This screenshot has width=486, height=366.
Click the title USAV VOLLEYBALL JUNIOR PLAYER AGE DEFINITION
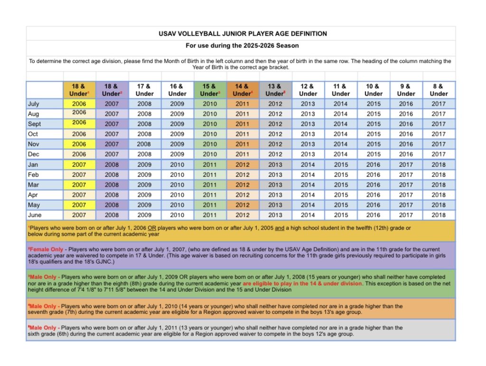tap(243, 34)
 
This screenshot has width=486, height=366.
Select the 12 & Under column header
tap(308, 90)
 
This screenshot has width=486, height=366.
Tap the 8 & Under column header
tap(439, 90)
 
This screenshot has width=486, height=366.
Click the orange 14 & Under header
tap(243, 90)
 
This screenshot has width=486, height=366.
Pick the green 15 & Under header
tap(210, 90)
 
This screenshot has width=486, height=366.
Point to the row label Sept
tap(35, 124)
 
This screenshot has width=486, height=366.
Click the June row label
tap(35, 215)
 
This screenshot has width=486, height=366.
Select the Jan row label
tap(34, 165)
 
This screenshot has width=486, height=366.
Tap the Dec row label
tap(34, 154)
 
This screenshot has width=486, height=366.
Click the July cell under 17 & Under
tap(144, 104)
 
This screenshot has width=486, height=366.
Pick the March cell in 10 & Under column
tap(373, 184)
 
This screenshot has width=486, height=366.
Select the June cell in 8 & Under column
tap(439, 215)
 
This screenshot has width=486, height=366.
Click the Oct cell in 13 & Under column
tap(275, 134)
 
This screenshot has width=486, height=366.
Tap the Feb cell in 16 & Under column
tap(177, 174)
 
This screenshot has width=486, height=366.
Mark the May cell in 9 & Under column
tap(406, 205)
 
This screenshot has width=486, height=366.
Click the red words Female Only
tap(47, 249)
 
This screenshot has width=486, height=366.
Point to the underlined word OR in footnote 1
tap(153, 228)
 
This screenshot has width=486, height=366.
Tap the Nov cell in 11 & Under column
tap(340, 144)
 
